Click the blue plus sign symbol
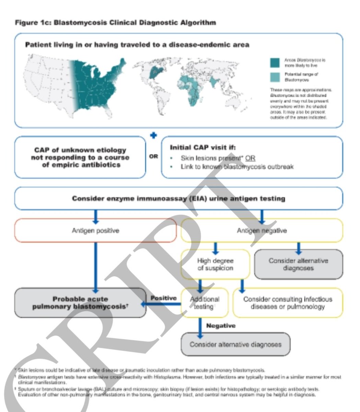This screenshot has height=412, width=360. [154, 135]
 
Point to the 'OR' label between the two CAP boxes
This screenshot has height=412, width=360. [153, 157]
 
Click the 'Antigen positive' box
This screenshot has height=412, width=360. [95, 230]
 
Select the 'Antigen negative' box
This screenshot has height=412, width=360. [262, 230]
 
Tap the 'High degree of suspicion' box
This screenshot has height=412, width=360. [215, 264]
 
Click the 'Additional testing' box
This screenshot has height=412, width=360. [204, 302]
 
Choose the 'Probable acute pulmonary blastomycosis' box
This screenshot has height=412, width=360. [80, 302]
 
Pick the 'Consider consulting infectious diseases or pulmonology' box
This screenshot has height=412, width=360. [288, 302]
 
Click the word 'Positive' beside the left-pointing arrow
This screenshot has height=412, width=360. [163, 298]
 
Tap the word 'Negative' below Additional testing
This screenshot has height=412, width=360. [221, 325]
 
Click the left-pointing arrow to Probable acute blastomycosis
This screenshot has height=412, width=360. [161, 304]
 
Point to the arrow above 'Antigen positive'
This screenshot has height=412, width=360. [96, 216]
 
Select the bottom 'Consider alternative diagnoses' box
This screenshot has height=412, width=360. [235, 344]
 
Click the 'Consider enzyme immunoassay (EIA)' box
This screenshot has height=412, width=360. [178, 198]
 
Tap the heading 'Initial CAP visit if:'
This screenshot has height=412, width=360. [203, 147]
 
